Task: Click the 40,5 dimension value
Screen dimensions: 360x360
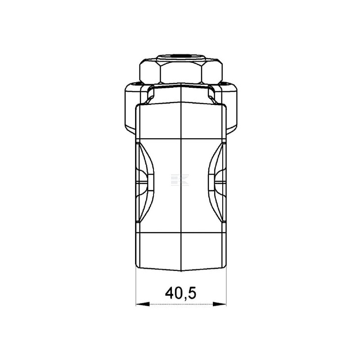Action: pos(180,293)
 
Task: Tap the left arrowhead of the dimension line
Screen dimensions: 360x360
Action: pos(143,304)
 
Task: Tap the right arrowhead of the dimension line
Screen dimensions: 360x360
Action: pos(220,304)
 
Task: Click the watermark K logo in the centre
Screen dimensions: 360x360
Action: pos(180,180)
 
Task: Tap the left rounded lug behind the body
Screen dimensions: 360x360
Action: pos(131,108)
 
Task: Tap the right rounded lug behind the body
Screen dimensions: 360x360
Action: pos(231,108)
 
